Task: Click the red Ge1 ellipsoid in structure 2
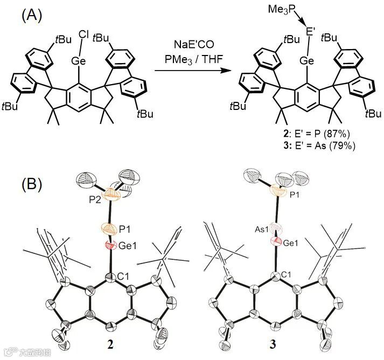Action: (109, 246)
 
